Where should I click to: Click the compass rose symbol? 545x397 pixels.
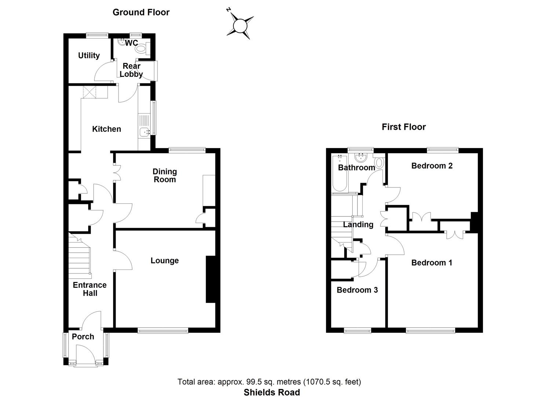[x=240, y=25]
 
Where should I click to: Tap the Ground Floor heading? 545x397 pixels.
[x=141, y=12]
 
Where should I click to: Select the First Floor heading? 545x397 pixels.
[x=403, y=127]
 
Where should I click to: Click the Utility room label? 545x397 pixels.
[x=89, y=55]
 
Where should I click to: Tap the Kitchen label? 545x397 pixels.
[x=106, y=129]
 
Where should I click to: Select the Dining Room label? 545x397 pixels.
[x=165, y=175]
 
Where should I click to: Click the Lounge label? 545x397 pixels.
[x=164, y=261]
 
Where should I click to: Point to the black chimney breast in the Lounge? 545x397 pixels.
[x=210, y=279]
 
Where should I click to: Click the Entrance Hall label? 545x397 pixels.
[x=90, y=289]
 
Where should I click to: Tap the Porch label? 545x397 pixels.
[x=83, y=337]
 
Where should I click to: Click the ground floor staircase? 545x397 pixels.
[x=80, y=257]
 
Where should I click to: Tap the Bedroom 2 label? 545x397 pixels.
[x=432, y=166]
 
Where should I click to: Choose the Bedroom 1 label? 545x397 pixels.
[x=432, y=263]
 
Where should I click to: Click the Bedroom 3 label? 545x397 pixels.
[x=357, y=290]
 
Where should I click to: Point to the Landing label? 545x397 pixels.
[x=358, y=225]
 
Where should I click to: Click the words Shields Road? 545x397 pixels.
[x=272, y=392]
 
